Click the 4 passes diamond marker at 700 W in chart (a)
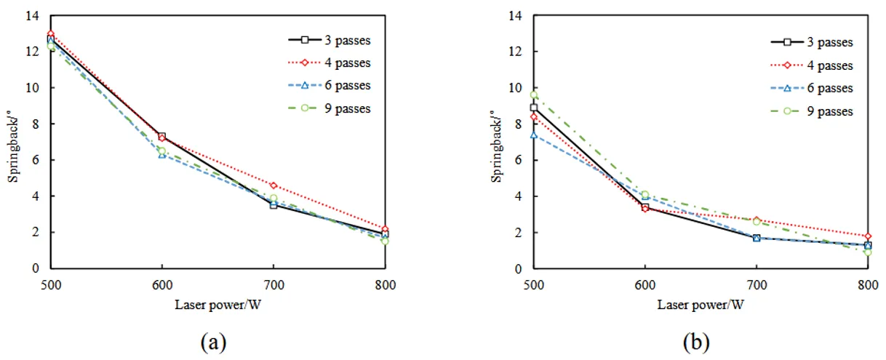tap(273, 185)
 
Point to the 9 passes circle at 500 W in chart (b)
tap(533, 95)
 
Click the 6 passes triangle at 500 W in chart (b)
tap(533, 135)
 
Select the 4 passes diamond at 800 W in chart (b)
tap(867, 236)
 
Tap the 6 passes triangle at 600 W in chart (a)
tap(161, 155)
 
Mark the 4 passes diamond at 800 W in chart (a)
tap(385, 229)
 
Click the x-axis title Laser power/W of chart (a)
tap(217, 304)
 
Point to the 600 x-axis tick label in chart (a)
tap(161, 285)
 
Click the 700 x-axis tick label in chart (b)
tap(756, 285)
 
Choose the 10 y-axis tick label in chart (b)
tap(516, 88)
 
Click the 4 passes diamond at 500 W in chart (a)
tap(50, 34)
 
